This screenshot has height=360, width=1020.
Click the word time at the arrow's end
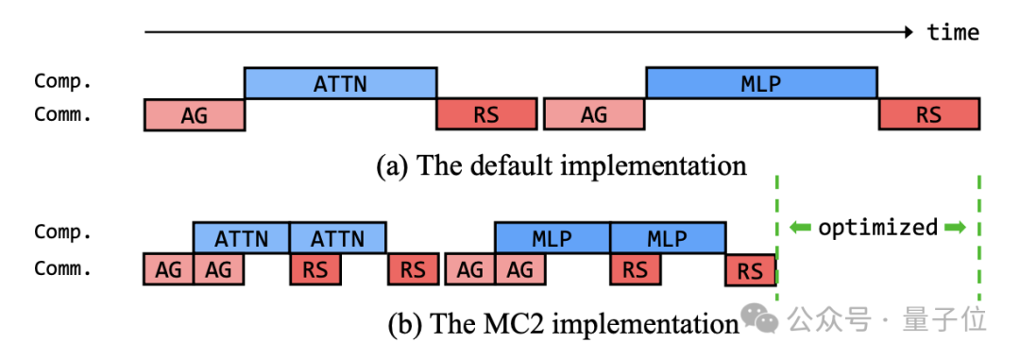[953, 31]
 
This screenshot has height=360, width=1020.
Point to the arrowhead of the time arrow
[909, 31]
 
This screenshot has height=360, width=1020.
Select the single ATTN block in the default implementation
[340, 82]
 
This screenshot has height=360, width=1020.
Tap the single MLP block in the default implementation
[761, 82]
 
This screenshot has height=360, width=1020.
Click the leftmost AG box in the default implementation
[194, 114]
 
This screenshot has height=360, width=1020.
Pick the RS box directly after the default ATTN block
[486, 114]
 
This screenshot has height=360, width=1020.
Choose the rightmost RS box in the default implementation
[928, 114]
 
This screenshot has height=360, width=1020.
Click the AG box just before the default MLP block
[595, 114]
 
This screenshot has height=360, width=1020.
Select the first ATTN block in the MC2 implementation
[242, 237]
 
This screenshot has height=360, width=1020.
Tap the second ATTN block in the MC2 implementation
[337, 237]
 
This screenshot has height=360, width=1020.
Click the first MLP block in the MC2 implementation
[552, 237]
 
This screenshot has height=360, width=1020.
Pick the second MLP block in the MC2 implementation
[668, 237]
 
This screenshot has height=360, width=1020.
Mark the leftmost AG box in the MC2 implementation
[168, 269]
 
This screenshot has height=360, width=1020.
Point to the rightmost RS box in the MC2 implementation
[751, 269]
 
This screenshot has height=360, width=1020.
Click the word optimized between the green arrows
[877, 227]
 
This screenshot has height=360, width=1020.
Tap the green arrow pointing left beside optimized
[800, 227]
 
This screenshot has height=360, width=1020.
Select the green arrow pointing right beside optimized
[955, 227]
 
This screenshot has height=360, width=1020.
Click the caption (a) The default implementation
[561, 165]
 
